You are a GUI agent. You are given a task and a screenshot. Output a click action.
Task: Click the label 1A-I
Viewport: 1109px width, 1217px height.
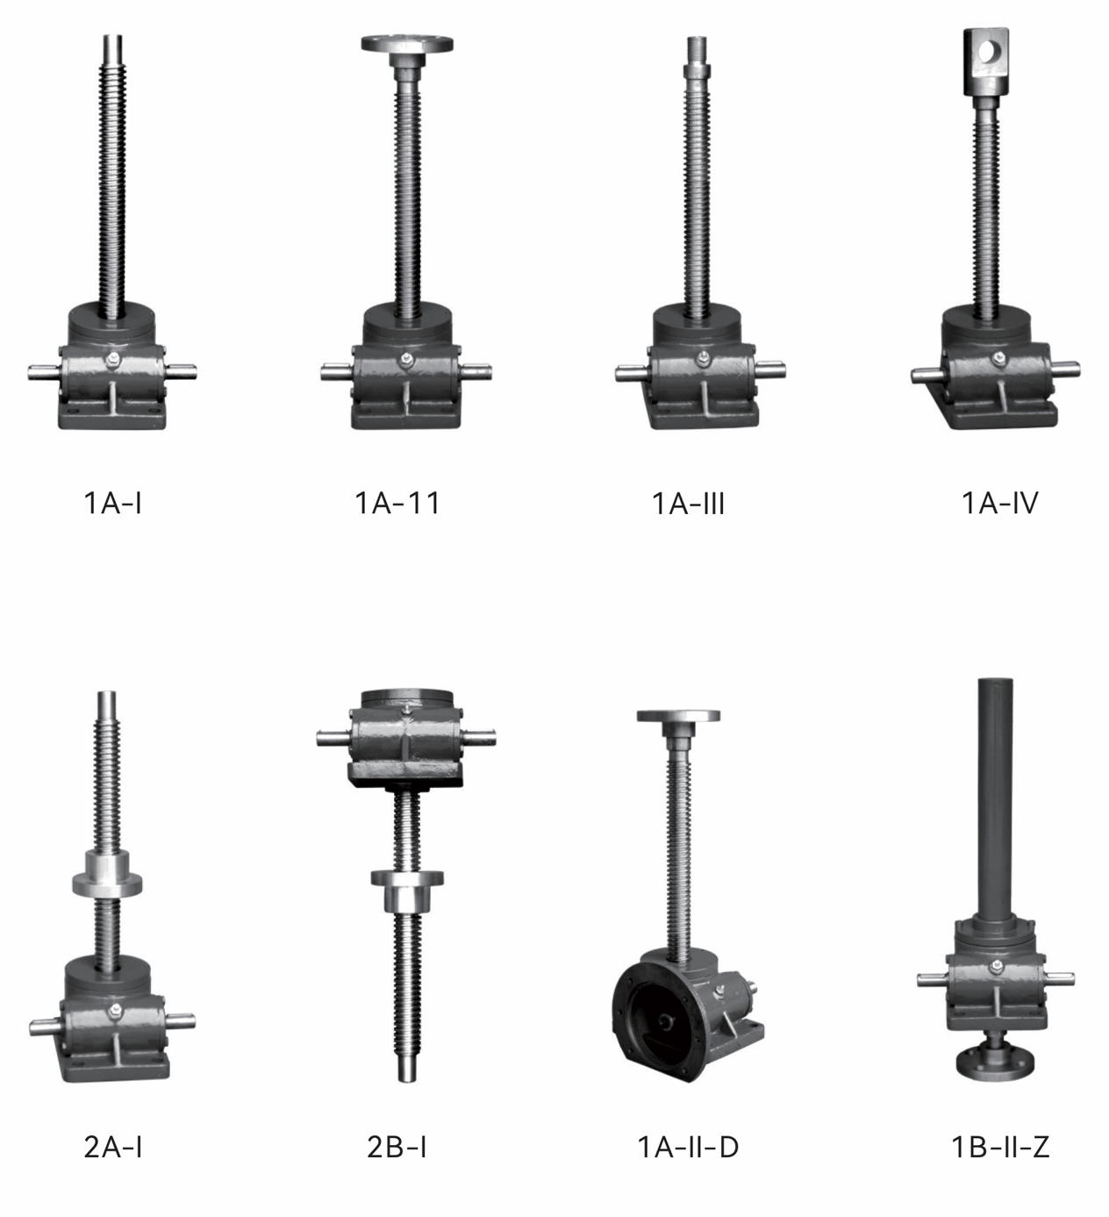(x=112, y=504)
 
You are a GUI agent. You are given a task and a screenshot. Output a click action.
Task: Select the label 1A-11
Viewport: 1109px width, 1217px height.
(x=397, y=504)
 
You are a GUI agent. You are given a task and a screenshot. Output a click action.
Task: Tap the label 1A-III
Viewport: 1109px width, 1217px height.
(x=688, y=504)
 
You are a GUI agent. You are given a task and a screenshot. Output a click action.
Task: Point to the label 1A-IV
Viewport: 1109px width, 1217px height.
(x=999, y=504)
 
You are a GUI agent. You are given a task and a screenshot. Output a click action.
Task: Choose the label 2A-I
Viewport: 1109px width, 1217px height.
(x=112, y=1147)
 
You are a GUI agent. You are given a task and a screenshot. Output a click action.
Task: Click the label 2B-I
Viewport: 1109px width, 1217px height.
(x=397, y=1147)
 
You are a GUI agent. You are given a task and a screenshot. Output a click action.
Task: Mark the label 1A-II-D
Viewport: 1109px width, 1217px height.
(x=688, y=1147)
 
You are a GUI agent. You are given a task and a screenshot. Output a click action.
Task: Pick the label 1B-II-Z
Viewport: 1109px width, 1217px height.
(x=1000, y=1147)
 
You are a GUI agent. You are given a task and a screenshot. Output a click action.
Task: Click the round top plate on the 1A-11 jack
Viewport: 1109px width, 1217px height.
(x=407, y=44)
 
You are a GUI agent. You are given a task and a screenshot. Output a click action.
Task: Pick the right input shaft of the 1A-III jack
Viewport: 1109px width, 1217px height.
(x=773, y=371)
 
